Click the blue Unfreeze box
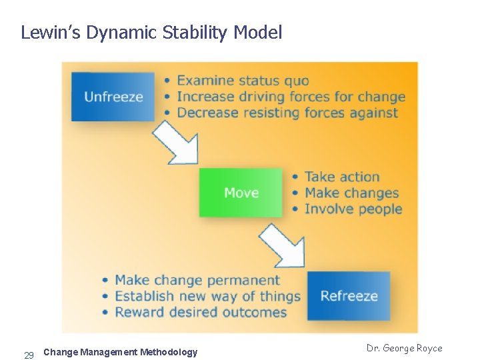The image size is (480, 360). [113, 97]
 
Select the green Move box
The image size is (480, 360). [241, 193]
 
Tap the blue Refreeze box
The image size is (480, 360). [349, 296]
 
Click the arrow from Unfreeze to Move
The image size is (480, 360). [177, 142]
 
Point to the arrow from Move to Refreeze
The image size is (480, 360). [283, 245]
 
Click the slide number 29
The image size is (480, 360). [29, 355]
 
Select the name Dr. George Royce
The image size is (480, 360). [404, 348]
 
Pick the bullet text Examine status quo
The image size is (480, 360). [243, 81]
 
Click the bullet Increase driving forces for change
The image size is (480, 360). [291, 97]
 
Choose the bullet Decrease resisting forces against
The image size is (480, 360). [287, 113]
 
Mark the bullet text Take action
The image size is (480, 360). [342, 177]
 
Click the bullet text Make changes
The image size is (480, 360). [351, 193]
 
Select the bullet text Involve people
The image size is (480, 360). [353, 209]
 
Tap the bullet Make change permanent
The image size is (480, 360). [197, 280]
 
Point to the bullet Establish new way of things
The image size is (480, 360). [207, 296]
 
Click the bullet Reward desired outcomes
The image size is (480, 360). [200, 312]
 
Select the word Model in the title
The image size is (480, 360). [258, 32]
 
